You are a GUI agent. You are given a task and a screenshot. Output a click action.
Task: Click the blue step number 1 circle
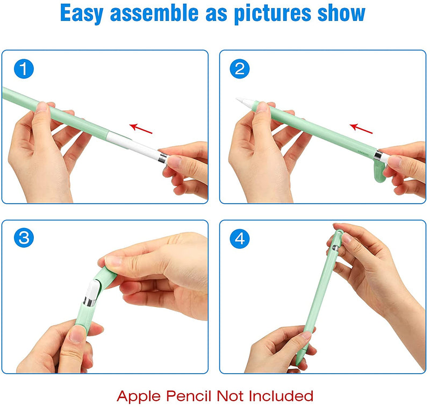tap(24, 69)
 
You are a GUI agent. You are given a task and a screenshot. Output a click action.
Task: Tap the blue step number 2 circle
tap(240, 69)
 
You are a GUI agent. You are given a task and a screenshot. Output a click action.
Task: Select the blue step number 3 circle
tap(24, 238)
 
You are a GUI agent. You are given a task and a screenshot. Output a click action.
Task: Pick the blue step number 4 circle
tap(240, 238)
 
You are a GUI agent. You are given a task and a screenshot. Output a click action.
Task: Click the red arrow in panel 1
tap(141, 128)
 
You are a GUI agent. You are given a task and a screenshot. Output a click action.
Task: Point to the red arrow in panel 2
tap(361, 128)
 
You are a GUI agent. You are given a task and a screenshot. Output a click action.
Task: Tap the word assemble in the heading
tap(154, 12)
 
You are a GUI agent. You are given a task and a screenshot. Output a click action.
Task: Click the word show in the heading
tap(341, 12)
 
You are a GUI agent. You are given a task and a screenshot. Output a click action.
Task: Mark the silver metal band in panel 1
tap(163, 158)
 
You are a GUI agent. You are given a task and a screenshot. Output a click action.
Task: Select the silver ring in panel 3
tap(90, 302)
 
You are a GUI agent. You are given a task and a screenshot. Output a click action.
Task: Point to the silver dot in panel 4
tap(335, 248)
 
